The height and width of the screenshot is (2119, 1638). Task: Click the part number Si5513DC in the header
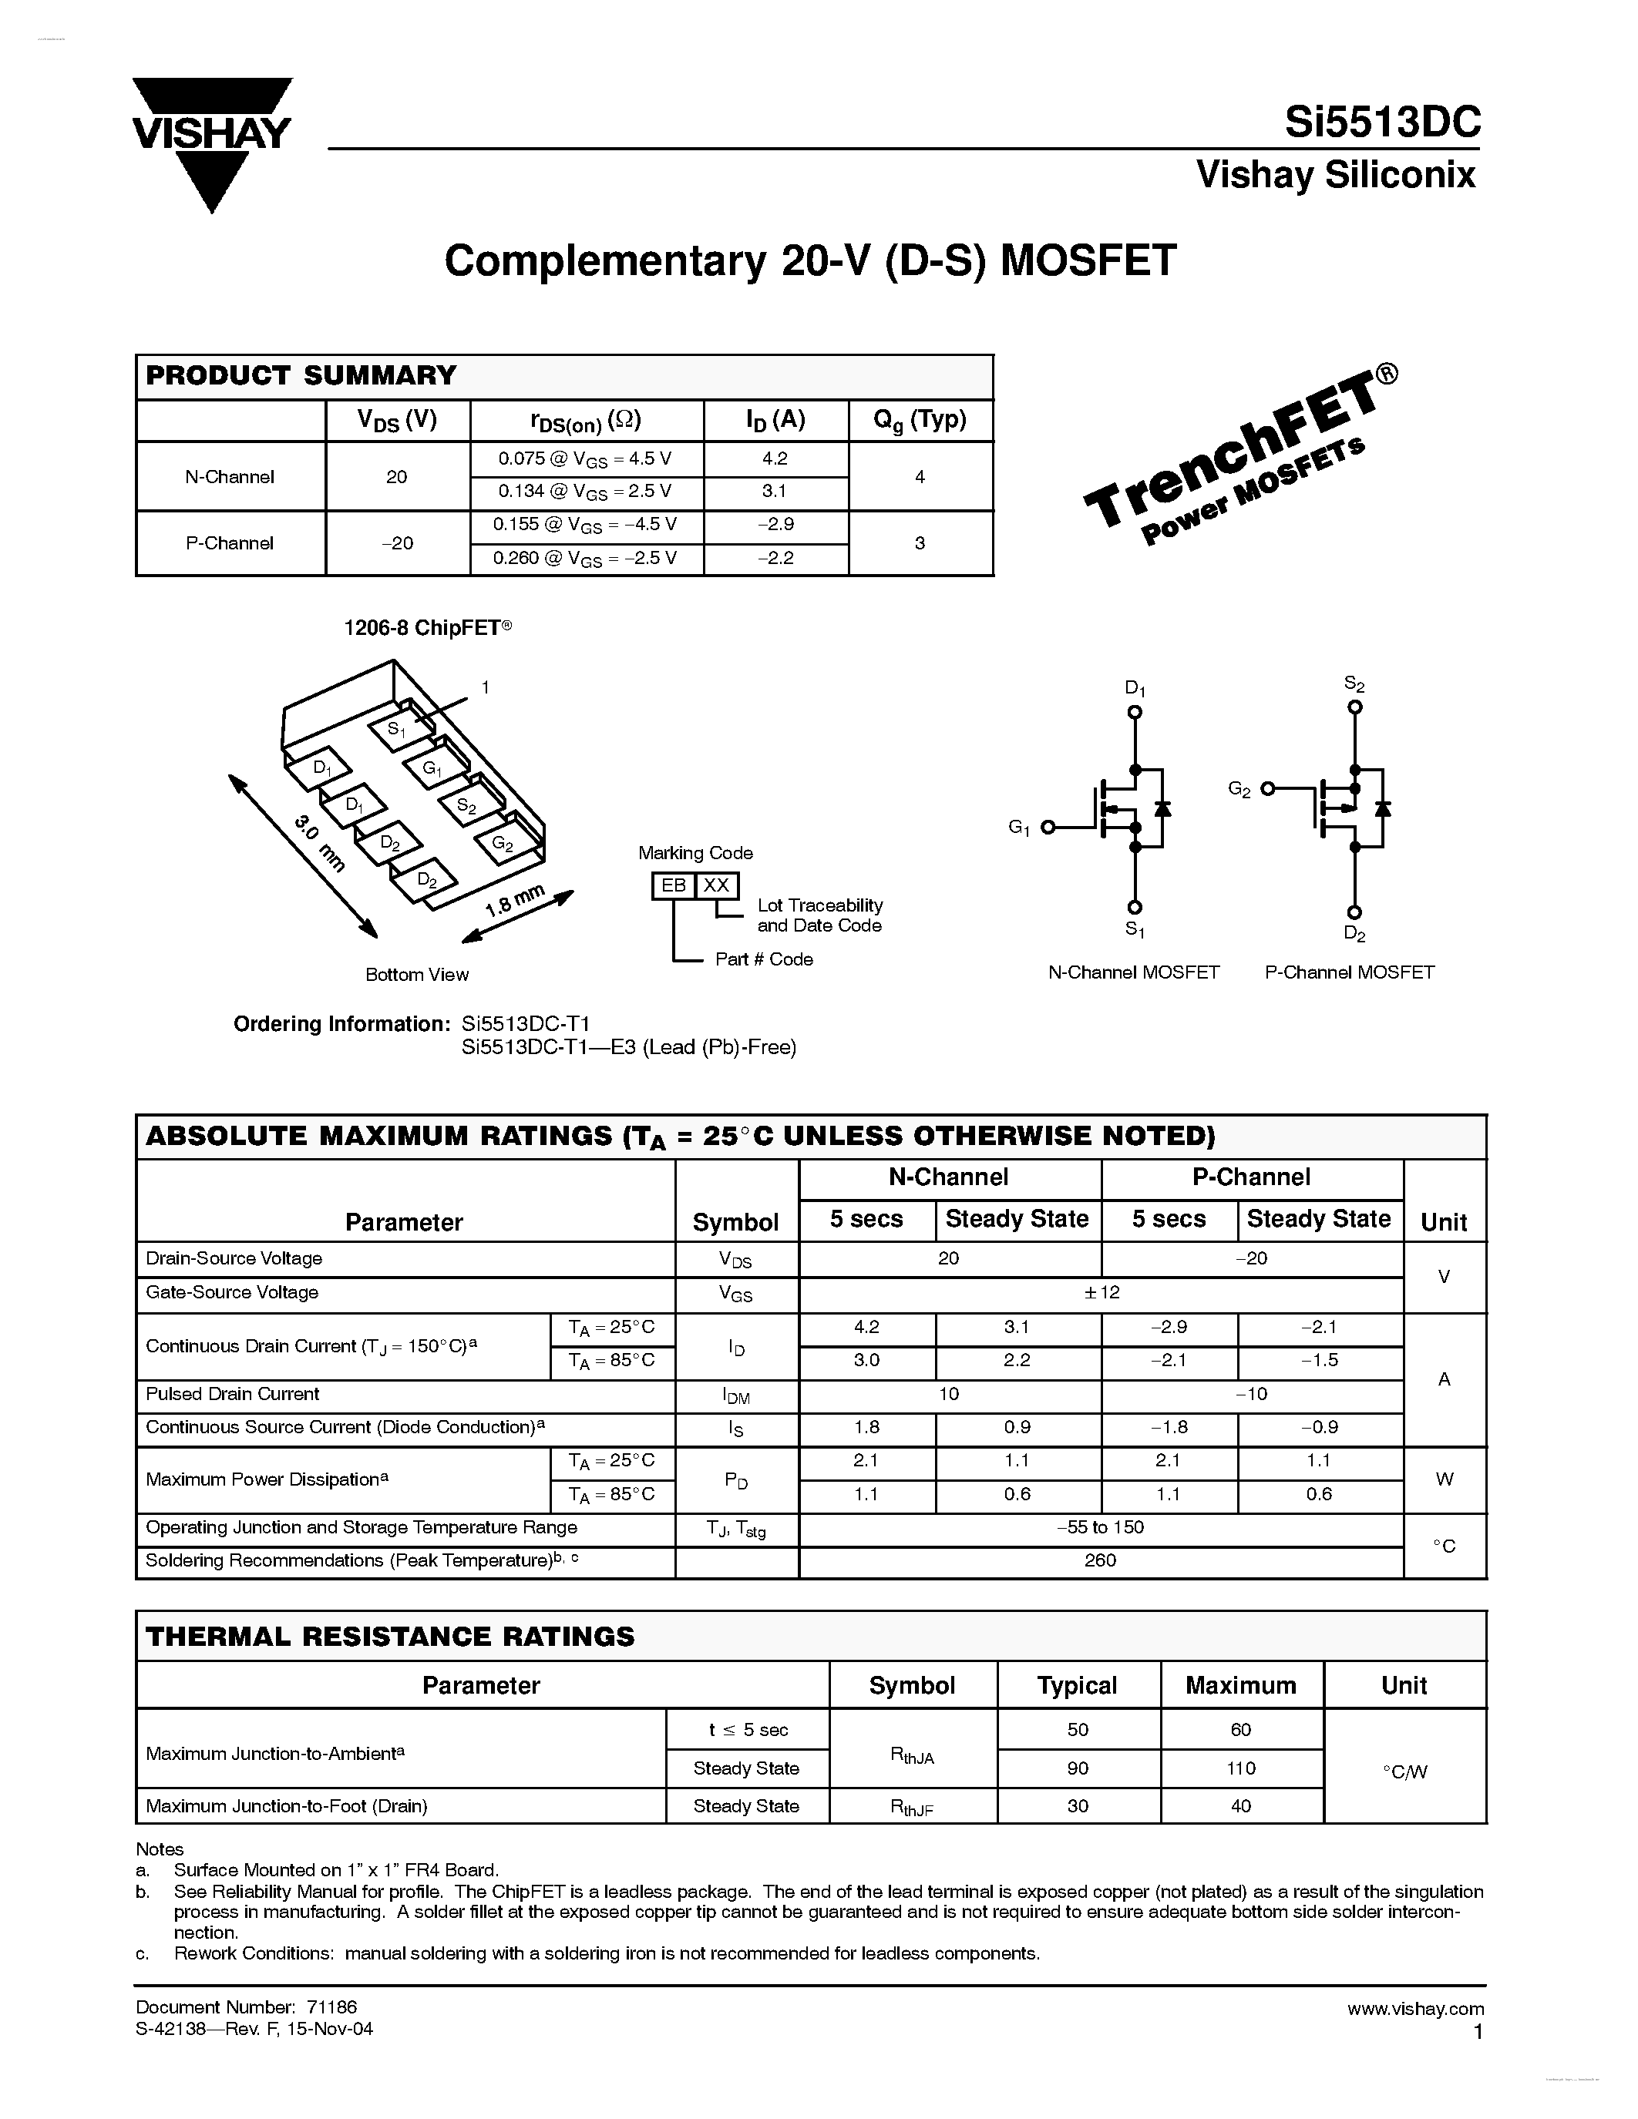1382,123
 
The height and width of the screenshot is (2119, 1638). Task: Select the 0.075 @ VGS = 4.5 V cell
585,459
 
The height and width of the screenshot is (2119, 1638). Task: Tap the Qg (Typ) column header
919,420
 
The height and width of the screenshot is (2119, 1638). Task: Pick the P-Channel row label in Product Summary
230,543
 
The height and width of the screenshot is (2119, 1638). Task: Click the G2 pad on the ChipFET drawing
502,843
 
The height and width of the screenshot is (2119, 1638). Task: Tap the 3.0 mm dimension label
319,842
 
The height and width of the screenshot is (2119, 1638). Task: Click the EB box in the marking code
674,885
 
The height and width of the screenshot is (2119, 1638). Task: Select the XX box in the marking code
716,885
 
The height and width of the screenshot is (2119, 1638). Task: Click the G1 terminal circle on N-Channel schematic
1047,828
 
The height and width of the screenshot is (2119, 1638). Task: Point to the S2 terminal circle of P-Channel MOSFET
1354,707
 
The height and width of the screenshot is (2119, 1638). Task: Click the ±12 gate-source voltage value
1101,1292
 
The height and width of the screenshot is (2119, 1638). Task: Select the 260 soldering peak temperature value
1101,1560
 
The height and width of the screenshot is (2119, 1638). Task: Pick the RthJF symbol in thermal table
911,1807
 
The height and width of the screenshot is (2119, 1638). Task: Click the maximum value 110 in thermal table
1240,1768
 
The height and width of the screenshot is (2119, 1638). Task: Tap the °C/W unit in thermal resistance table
1404,1771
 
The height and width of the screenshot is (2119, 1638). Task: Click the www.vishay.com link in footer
1414,2008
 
